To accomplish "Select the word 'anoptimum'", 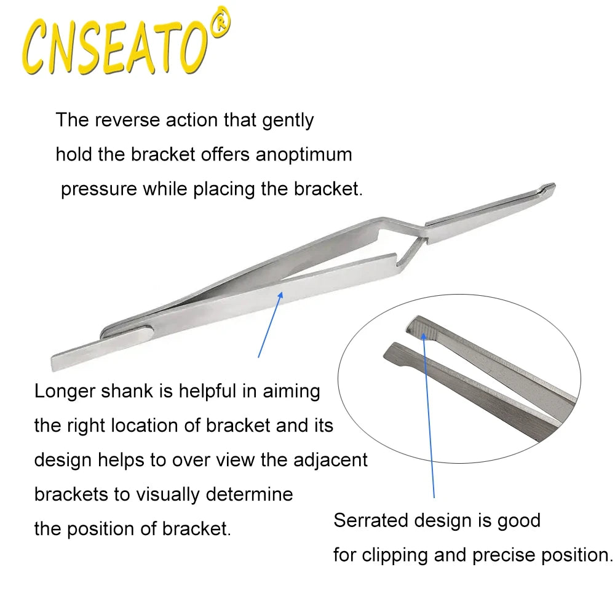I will (304, 154).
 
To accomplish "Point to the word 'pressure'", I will (98, 188).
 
